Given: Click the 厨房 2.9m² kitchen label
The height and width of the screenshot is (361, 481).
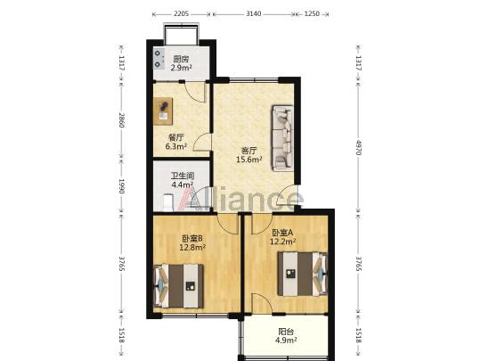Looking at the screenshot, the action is click(x=182, y=63).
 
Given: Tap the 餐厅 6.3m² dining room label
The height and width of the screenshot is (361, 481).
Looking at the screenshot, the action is click(x=176, y=142).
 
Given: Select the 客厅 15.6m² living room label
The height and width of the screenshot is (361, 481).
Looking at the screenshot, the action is click(x=249, y=155).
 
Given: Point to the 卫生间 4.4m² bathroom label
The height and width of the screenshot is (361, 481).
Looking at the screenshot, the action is click(x=183, y=180).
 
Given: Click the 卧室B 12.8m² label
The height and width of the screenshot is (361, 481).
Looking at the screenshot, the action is click(x=192, y=242).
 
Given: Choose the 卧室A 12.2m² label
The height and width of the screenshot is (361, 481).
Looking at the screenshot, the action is click(x=283, y=237).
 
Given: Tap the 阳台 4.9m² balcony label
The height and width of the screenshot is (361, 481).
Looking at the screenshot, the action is click(x=286, y=335).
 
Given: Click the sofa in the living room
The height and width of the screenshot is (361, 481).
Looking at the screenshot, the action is click(x=282, y=138).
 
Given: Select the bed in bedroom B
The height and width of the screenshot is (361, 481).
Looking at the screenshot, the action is click(x=178, y=286).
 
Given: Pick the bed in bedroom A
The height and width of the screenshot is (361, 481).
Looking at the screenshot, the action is click(x=303, y=274).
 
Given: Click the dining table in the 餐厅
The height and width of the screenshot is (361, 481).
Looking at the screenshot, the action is click(x=163, y=111).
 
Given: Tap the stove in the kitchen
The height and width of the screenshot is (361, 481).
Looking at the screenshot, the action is click(x=159, y=59).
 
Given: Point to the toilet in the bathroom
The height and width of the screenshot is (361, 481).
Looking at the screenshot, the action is click(x=168, y=203).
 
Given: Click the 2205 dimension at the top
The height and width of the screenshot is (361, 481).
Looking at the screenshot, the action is click(x=182, y=13).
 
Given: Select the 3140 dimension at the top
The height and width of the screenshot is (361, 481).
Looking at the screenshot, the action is click(x=254, y=13).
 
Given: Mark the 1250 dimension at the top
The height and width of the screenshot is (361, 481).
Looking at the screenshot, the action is click(x=312, y=13).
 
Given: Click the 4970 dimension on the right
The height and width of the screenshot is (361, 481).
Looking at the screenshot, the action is click(x=358, y=147).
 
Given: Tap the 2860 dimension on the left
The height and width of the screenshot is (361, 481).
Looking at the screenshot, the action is click(x=122, y=120).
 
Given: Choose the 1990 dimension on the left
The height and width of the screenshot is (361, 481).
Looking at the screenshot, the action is click(x=122, y=186).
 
